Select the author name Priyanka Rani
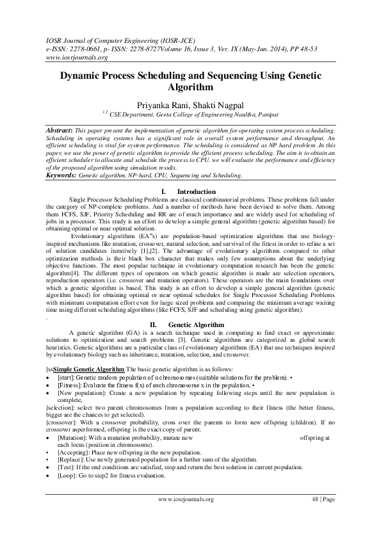click(157, 104)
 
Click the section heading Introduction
click(196, 192)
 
